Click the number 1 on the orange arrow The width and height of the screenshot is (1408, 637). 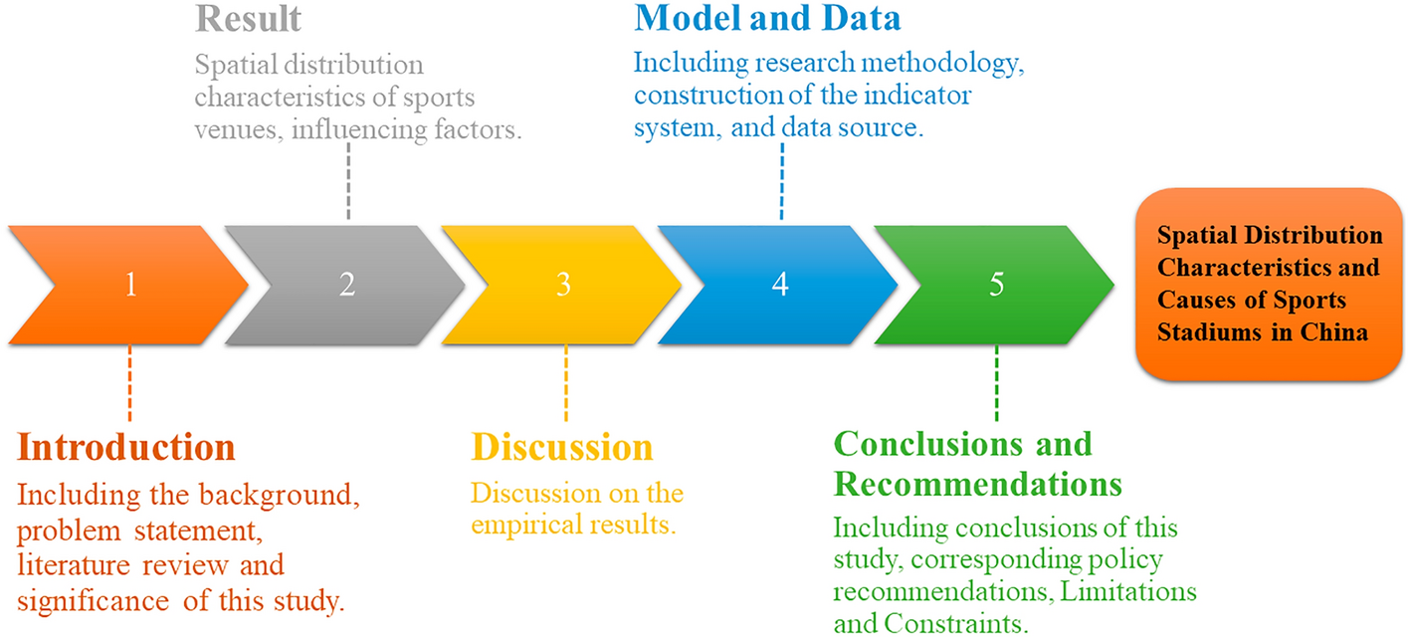130,285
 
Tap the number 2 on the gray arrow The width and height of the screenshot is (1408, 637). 347,285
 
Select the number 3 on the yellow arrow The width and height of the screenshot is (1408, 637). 563,285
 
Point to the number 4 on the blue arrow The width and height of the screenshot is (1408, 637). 780,285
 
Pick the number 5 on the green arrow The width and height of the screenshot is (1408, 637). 996,285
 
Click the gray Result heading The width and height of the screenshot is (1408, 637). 249,19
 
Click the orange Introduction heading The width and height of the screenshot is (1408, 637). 125,447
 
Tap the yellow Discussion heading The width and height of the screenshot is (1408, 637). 562,447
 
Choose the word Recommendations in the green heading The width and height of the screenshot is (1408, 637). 977,484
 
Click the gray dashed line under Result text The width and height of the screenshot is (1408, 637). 348,180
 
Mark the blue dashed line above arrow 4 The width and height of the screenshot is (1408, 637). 782,181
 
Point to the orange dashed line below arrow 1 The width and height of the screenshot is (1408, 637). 129,383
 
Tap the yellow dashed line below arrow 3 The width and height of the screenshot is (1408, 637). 566,383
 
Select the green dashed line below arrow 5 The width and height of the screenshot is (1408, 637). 996,383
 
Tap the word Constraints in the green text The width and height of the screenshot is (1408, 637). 956,623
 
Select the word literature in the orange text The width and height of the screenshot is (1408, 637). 74,564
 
